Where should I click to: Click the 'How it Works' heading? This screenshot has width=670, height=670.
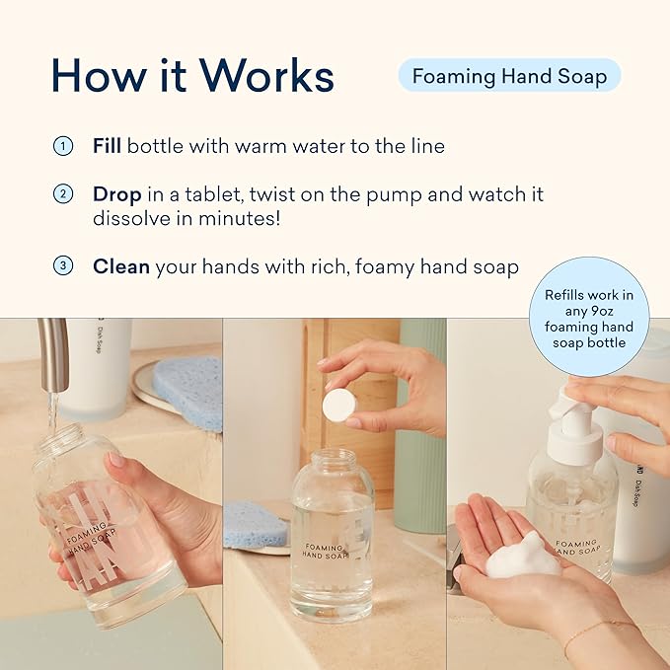192,76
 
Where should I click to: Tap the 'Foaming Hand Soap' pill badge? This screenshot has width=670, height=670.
509,76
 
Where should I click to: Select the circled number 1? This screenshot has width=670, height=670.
62,146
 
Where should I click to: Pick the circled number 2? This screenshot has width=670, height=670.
62,194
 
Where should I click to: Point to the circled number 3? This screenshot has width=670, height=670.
62,266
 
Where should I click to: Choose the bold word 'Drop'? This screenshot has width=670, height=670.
115,194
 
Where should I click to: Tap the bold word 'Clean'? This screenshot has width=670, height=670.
119,266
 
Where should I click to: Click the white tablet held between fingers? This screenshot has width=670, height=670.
339,405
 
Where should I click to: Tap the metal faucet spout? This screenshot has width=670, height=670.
53,355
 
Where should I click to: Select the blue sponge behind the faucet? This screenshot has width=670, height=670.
187,390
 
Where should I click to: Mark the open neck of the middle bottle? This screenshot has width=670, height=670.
333,458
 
